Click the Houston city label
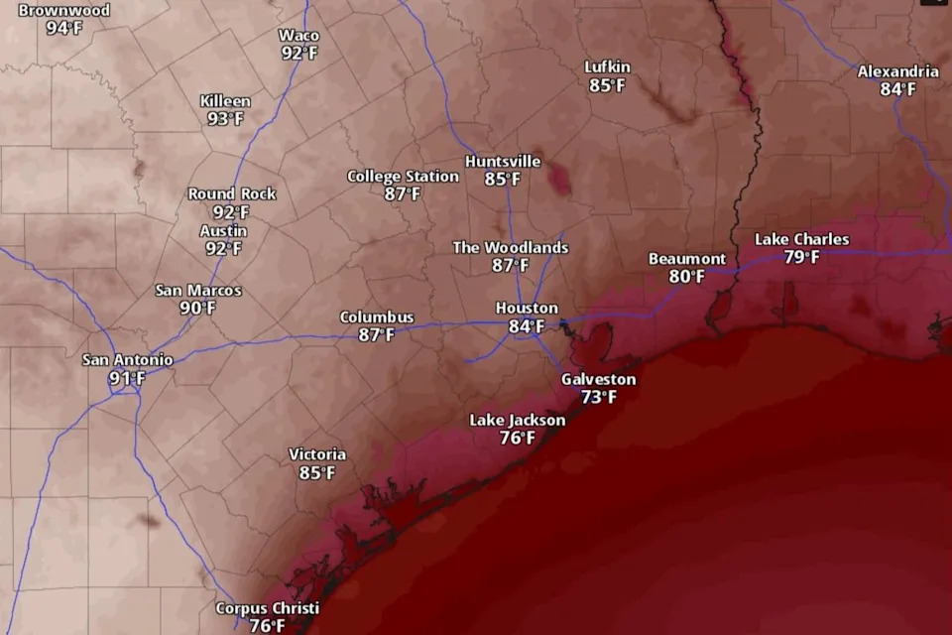pos(527,309)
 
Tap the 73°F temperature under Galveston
pos(598,397)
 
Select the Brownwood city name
pos(64,10)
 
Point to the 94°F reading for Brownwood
pos(64,28)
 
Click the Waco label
pos(298,36)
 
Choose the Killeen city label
pos(225,101)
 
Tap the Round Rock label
pos(232,194)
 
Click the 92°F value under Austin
pos(223,249)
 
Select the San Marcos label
pos(198,291)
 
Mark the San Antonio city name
pos(127,360)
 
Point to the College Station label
pos(403,177)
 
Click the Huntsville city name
pos(503,162)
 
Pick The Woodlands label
pos(511,247)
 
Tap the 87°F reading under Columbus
pos(377,335)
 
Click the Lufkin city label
pos(607,67)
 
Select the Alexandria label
pos(897,71)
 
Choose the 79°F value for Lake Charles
pos(801,257)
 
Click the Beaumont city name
pos(687,259)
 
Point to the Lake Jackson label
pos(518,421)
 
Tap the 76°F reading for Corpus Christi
pos(267,626)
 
